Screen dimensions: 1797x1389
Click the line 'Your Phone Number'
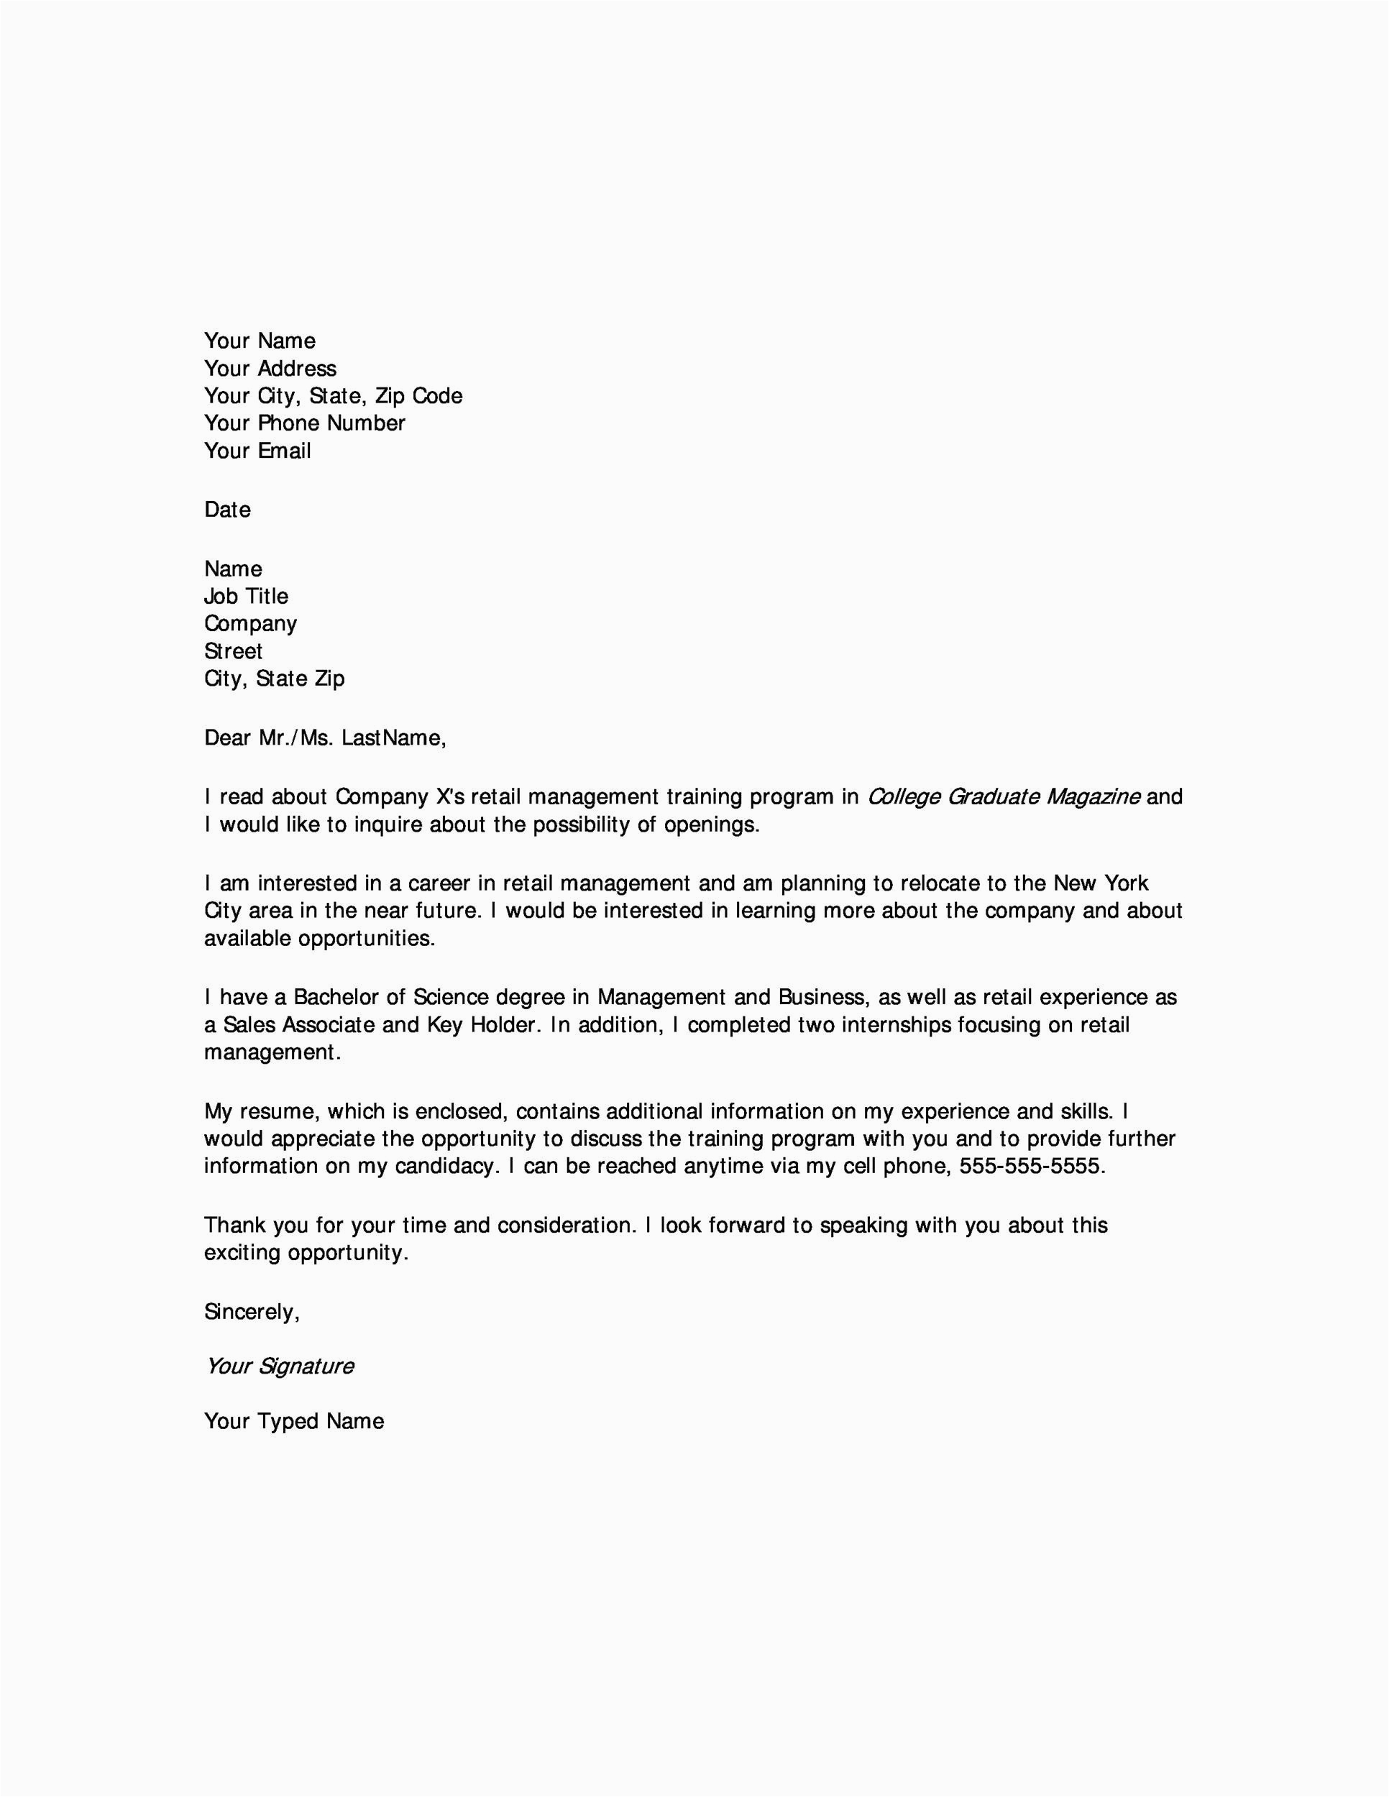click(304, 423)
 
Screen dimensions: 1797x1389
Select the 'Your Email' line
click(257, 451)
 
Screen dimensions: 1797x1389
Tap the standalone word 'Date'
click(227, 510)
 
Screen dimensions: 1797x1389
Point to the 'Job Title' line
click(246, 597)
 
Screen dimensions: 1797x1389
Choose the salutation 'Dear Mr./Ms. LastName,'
click(325, 738)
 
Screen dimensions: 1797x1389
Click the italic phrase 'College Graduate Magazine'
click(1004, 797)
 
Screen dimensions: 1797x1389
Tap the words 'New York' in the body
click(1101, 883)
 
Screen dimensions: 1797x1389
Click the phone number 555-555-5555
click(1032, 1167)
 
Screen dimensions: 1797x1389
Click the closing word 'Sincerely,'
click(252, 1313)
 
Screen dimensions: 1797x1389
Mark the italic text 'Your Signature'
click(280, 1366)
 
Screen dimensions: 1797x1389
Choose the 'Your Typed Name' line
click(294, 1422)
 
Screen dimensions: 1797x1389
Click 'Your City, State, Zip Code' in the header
click(334, 396)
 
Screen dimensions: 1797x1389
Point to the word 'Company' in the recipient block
click(250, 624)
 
